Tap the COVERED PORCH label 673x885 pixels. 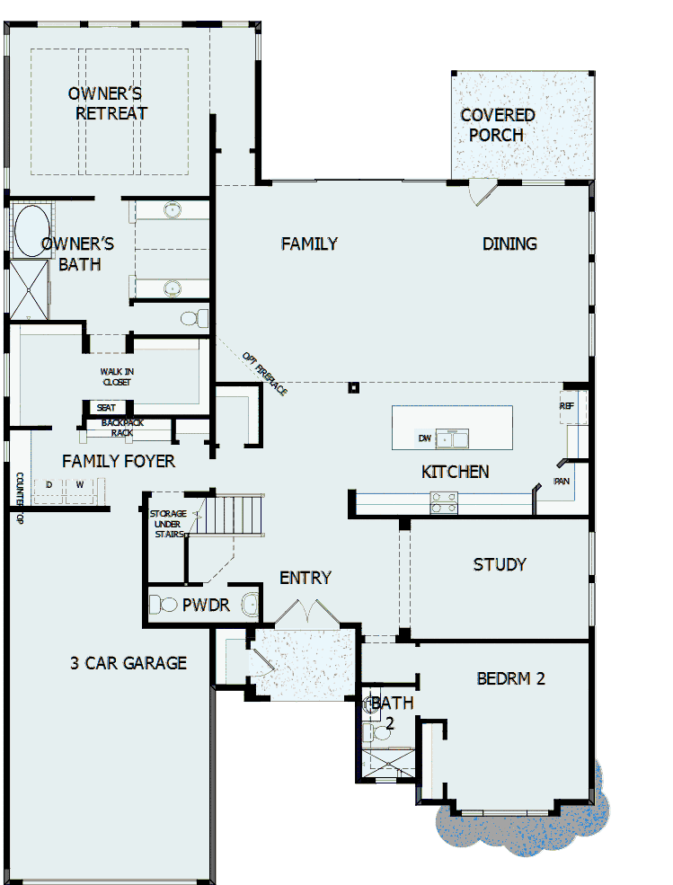pyautogui.click(x=497, y=125)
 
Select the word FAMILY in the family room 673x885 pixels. pyautogui.click(x=309, y=243)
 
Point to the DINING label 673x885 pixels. pyautogui.click(x=509, y=243)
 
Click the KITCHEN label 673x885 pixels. pyautogui.click(x=456, y=472)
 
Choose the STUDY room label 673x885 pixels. pyautogui.click(x=500, y=565)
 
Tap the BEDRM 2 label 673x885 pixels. pyautogui.click(x=510, y=679)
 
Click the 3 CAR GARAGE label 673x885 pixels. pyautogui.click(x=128, y=663)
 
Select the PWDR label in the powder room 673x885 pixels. pyautogui.click(x=206, y=606)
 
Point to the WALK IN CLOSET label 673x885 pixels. pyautogui.click(x=116, y=376)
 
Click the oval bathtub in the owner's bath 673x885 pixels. pyautogui.click(x=31, y=231)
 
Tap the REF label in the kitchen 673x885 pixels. pyautogui.click(x=567, y=406)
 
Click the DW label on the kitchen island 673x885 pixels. pyautogui.click(x=424, y=438)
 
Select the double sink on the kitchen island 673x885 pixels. pyautogui.click(x=453, y=438)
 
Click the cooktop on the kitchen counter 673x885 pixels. pyautogui.click(x=444, y=503)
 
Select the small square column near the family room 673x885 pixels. pyautogui.click(x=354, y=388)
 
